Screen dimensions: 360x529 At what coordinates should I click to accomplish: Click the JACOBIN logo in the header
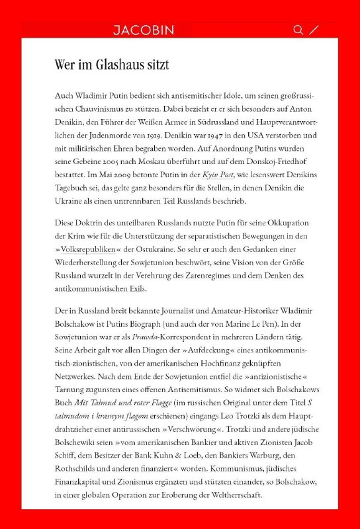(143, 30)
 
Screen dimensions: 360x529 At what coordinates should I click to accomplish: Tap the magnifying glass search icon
(298, 30)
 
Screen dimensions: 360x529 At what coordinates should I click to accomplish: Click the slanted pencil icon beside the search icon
(314, 30)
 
